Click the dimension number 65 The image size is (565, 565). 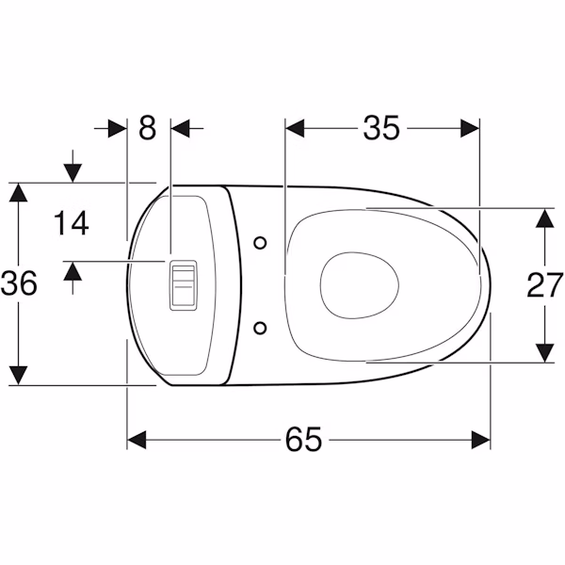303,439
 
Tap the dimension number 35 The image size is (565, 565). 381,127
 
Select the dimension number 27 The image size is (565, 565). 545,285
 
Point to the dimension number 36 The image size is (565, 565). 19,283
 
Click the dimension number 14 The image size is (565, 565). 72,223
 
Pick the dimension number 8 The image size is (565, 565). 148,127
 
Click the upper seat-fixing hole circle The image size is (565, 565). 260,243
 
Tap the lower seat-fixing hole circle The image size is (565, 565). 260,329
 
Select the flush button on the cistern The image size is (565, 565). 184,285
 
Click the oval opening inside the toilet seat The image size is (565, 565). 360,285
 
